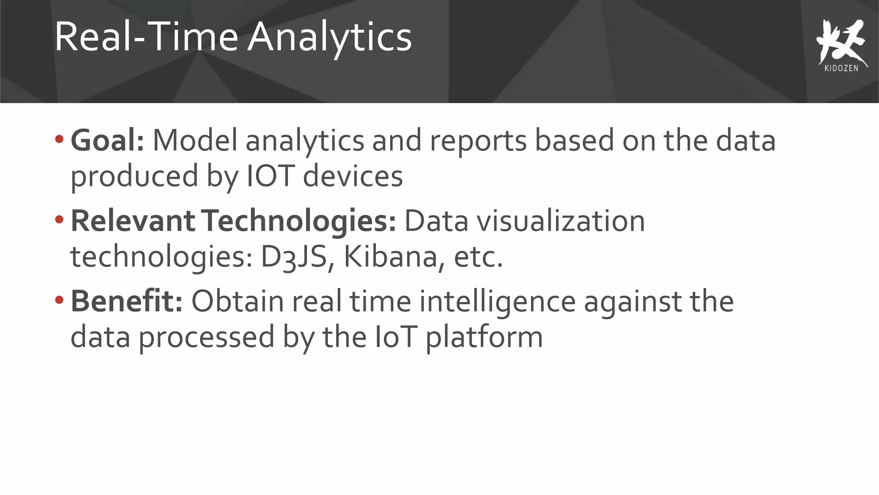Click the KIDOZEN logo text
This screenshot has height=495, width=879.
coord(841,68)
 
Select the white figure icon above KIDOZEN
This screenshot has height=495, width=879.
coord(840,41)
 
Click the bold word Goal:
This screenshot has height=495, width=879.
coord(107,141)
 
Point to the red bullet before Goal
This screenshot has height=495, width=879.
coord(59,139)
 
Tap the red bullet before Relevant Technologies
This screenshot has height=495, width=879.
coord(59,220)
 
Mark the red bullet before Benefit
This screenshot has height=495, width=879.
coord(59,300)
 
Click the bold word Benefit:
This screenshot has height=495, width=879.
coord(127,301)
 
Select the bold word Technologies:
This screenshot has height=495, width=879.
coord(299,221)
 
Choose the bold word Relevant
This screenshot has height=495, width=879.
coord(133,221)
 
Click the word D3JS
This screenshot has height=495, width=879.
coord(294,257)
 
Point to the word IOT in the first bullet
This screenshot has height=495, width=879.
coord(270,176)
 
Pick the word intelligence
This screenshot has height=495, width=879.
coord(497,302)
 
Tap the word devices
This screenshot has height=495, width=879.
coord(353,176)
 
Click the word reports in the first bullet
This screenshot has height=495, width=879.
coord(478,141)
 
